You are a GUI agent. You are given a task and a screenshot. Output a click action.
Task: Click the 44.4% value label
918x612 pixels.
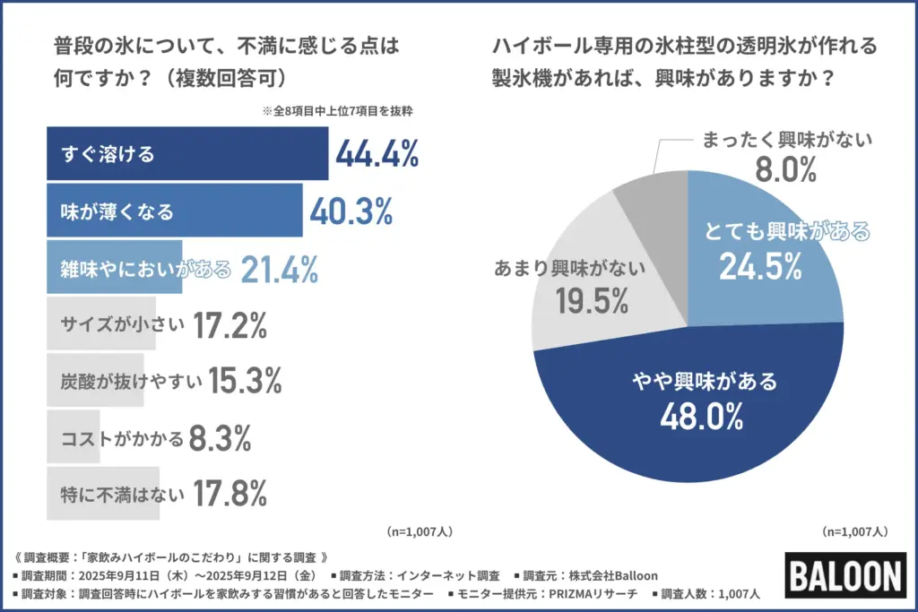377,155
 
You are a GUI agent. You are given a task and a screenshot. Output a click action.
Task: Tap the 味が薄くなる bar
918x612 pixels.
174,211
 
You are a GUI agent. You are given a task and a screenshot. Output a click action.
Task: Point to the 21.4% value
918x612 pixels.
279,269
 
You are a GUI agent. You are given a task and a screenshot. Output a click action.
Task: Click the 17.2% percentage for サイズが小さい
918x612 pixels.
229,326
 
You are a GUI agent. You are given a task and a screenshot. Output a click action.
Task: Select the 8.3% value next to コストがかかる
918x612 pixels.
220,438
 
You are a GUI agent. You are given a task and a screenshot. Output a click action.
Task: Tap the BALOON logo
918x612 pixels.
844,576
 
